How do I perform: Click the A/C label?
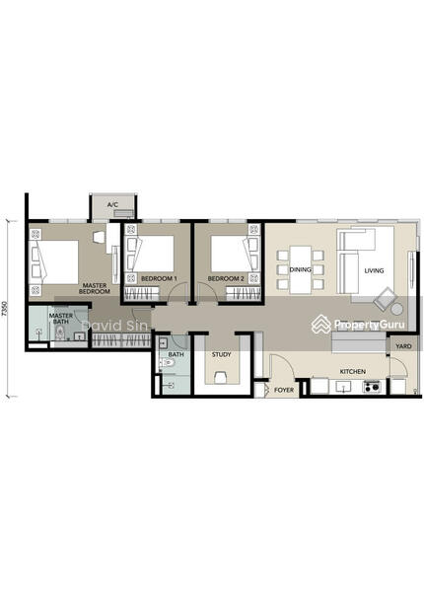click(112, 204)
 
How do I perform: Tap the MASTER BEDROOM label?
click(95, 288)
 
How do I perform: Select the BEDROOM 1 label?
click(159, 278)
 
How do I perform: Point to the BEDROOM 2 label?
click(226, 278)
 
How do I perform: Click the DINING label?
click(301, 269)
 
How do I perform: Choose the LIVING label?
click(374, 270)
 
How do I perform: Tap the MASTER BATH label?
click(61, 319)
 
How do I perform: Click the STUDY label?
click(222, 354)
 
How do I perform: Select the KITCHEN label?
click(353, 372)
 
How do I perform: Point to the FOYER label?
click(284, 390)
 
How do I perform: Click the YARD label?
click(403, 346)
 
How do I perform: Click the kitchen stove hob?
click(372, 386)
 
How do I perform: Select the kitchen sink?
click(344, 386)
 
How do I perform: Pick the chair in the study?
click(221, 378)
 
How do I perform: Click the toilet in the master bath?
click(59, 333)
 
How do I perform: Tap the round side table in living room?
click(396, 309)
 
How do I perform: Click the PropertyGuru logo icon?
click(321, 324)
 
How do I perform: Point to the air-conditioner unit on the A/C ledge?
click(123, 214)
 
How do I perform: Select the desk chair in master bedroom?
click(99, 237)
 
